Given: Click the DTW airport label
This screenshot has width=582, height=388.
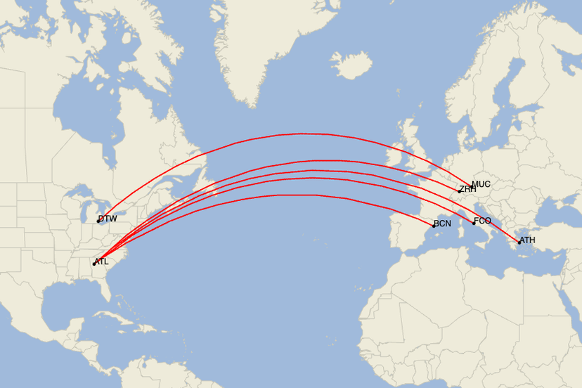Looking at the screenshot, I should click(108, 219).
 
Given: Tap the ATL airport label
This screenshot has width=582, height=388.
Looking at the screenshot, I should click(102, 261).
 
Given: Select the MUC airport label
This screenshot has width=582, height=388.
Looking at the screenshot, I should click(481, 184).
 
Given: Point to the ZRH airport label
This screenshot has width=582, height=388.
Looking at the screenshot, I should click(468, 189).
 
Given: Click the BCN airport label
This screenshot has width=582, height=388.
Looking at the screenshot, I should click(443, 224).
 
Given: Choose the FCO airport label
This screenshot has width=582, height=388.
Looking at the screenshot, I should click(483, 221).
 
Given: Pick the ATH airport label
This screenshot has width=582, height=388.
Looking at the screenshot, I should click(528, 240).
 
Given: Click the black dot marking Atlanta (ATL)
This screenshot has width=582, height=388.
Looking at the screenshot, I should click(93, 264).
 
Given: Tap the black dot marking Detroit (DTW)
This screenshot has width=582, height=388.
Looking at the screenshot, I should click(98, 221).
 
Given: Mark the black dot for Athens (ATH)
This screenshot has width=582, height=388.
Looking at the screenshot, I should click(519, 243).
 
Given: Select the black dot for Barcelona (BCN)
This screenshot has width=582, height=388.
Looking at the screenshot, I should click(434, 226).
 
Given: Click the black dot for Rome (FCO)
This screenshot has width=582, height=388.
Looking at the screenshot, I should click(474, 224).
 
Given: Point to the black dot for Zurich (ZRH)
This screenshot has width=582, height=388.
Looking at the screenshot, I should click(460, 192).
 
